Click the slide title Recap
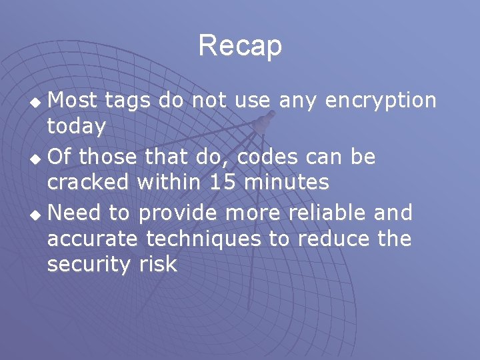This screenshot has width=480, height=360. tap(240, 46)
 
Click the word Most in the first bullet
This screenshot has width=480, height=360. tap(73, 101)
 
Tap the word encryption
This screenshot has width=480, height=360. tap(378, 101)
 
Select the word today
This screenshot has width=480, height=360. tap(76, 127)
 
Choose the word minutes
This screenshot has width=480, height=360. tap(291, 182)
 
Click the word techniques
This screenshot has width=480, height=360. tap(203, 239)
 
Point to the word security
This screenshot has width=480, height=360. tap(89, 265)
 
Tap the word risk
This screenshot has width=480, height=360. tap(158, 265)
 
